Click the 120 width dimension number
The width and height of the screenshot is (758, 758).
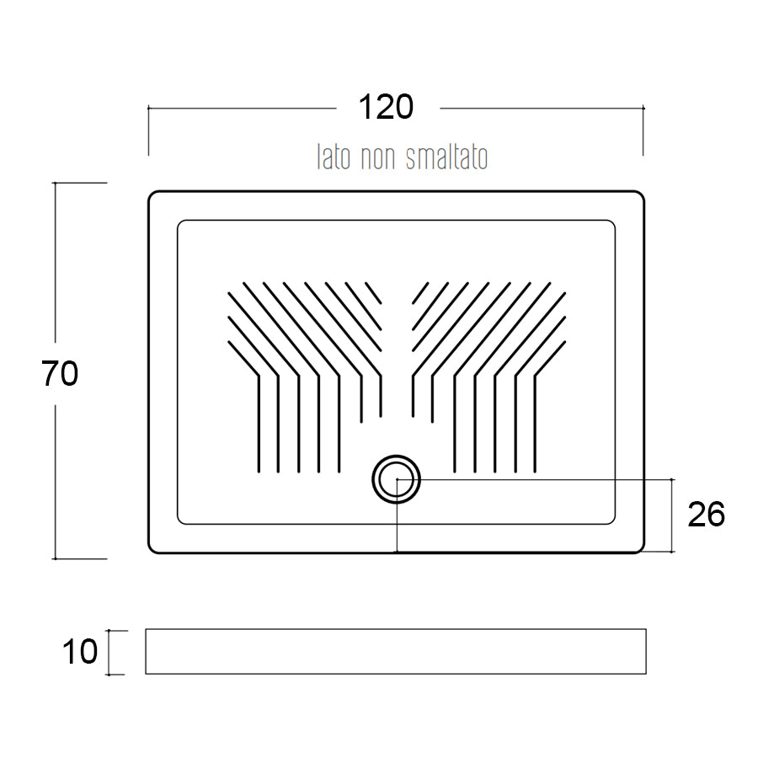point(386,107)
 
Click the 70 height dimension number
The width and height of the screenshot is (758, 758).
point(60,373)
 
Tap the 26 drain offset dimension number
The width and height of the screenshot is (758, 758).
point(706,515)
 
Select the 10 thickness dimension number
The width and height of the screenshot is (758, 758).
point(80,652)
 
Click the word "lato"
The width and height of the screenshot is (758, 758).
point(333,157)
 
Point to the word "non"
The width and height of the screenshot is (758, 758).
point(378,159)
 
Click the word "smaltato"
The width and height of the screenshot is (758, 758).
point(446,157)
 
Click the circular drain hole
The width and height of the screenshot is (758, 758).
point(397,479)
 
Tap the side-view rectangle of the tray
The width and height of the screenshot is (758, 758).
point(396,651)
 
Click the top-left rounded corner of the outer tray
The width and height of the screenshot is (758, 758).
point(152,195)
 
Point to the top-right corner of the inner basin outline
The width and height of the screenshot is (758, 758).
point(612,223)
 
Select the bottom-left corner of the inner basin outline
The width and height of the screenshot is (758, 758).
point(180,521)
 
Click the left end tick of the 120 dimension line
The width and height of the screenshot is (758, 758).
point(148,109)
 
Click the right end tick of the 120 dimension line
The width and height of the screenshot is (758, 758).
point(643,109)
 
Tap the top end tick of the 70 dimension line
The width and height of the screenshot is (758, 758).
point(55,183)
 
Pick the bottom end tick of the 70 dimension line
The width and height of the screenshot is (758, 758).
point(55,559)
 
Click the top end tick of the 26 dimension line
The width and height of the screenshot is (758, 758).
point(672,479)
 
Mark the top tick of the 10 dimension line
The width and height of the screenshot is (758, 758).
point(109,630)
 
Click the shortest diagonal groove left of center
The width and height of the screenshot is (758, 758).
point(373,293)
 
